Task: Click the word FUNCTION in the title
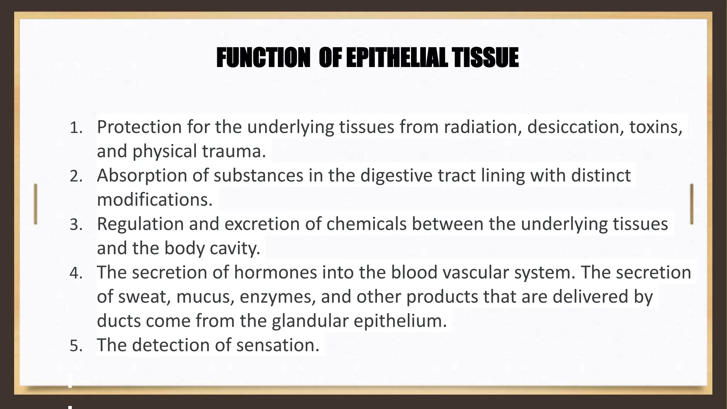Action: [263, 58]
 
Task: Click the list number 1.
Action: [76, 128]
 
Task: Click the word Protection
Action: [139, 127]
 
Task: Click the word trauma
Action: [234, 151]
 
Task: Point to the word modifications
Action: [154, 200]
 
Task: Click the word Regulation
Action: [140, 224]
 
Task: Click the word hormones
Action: [275, 272]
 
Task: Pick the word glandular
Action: [310, 321]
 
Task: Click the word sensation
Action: [278, 345]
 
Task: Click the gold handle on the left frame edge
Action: [35, 204]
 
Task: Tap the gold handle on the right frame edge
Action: [692, 204]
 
